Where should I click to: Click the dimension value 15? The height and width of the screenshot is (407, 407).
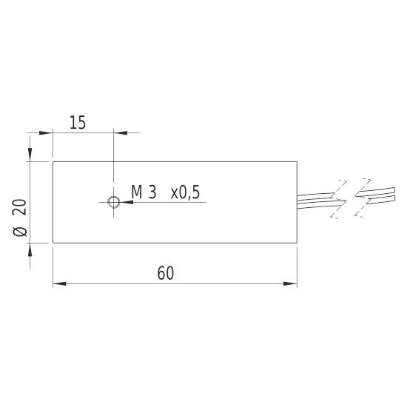tap(78, 123)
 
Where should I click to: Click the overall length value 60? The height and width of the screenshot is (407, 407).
tap(166, 273)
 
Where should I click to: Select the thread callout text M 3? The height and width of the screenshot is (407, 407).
tap(144, 192)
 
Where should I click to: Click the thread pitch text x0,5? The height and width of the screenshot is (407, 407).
tap(185, 192)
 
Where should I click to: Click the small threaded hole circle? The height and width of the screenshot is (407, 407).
tap(113, 201)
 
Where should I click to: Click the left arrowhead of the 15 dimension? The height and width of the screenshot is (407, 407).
tap(46, 133)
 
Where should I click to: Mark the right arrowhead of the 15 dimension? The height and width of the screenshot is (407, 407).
tap(120, 133)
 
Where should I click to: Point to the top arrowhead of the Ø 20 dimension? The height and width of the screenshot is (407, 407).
tap(30, 154)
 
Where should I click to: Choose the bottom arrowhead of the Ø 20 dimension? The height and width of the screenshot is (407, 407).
tap(30, 249)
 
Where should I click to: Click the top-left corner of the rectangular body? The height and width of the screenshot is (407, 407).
tap(53, 161)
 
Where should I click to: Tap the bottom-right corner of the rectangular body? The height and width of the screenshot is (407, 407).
tap(297, 242)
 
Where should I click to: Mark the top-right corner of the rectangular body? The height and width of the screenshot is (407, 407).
tap(297, 161)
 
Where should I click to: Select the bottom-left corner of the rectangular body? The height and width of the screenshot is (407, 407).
tap(53, 242)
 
